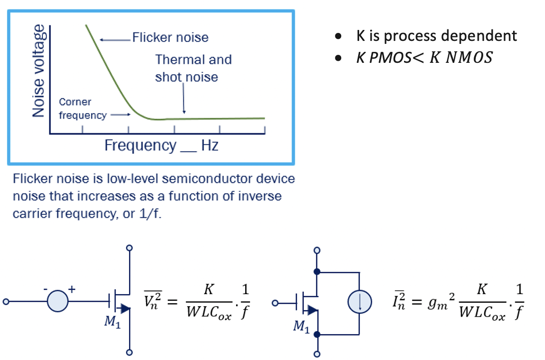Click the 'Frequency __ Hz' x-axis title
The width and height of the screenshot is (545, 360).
161,146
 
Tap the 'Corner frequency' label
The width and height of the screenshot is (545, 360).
75,108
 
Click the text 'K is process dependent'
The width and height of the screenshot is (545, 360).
436,36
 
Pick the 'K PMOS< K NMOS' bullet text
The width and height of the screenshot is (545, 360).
423,58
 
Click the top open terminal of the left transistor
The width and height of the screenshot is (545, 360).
130,247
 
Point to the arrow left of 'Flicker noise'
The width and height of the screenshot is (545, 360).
114,38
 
